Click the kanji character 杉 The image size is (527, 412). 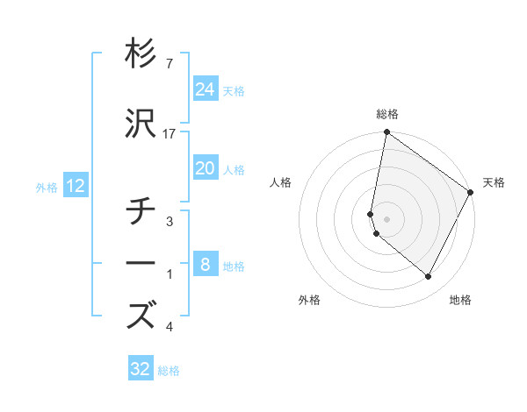point(141,53)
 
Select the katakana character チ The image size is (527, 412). point(141,211)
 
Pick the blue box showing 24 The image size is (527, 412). point(206,89)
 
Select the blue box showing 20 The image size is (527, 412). point(206,168)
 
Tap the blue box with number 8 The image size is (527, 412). point(206,265)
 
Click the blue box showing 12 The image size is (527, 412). point(76,186)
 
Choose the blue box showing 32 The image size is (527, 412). point(141,369)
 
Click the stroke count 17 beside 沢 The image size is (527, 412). point(170,133)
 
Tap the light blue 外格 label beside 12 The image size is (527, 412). point(47,187)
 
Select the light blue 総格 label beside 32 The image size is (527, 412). point(169,371)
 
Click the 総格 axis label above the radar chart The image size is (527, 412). point(387,114)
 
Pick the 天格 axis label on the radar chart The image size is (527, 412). point(494,182)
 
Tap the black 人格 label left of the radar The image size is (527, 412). point(281,182)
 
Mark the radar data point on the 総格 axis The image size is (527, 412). point(386,132)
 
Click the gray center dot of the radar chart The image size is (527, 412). point(387,218)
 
